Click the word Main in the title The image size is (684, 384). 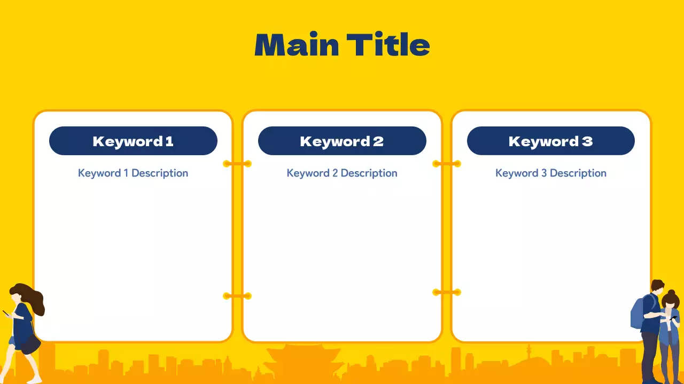pos(297,44)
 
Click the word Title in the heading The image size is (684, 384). pos(388,44)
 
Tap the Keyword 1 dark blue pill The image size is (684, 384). pos(133,141)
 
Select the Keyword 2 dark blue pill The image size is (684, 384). pos(342,141)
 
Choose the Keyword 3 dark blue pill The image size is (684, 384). pos(551,141)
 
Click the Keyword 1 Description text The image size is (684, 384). pos(133,173)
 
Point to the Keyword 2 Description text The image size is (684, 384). pos(342,173)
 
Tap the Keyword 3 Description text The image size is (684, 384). pos(551,173)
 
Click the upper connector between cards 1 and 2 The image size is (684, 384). pos(237,164)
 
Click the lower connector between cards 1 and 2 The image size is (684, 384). pos(237,296)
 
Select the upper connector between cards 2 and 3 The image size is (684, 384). pos(447,164)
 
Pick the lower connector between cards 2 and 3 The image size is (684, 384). pos(447,293)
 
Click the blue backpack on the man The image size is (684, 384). pos(638,313)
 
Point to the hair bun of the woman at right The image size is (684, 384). pos(671,293)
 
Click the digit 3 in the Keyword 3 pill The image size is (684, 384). pos(587,141)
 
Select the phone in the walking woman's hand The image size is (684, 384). pos(6,313)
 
